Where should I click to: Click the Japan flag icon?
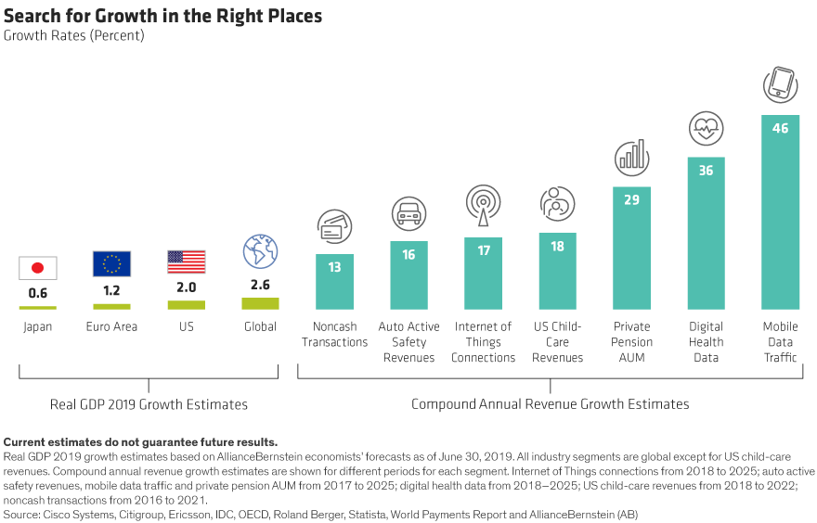pyautogui.click(x=38, y=268)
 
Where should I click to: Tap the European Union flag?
pyautogui.click(x=111, y=264)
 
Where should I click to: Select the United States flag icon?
pyautogui.click(x=187, y=262)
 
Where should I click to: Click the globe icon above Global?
pyautogui.click(x=260, y=251)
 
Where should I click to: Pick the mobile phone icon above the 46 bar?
pyautogui.click(x=780, y=85)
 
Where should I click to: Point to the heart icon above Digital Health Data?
pyautogui.click(x=706, y=129)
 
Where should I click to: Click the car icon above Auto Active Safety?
pyautogui.click(x=408, y=214)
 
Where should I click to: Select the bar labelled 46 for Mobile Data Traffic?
pyautogui.click(x=780, y=212)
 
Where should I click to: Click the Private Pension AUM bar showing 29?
pyautogui.click(x=631, y=248)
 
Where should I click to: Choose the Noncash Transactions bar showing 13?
pyautogui.click(x=334, y=282)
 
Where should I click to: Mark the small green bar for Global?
pyautogui.click(x=260, y=303)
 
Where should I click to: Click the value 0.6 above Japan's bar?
pyautogui.click(x=37, y=294)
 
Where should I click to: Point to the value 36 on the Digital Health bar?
pyautogui.click(x=706, y=171)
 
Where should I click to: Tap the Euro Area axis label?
pyautogui.click(x=111, y=326)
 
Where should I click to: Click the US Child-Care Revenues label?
pyautogui.click(x=558, y=342)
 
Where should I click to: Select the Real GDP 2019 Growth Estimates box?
pyautogui.click(x=149, y=404)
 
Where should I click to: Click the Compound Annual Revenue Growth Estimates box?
pyautogui.click(x=551, y=404)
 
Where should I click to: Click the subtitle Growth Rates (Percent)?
pyautogui.click(x=73, y=36)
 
